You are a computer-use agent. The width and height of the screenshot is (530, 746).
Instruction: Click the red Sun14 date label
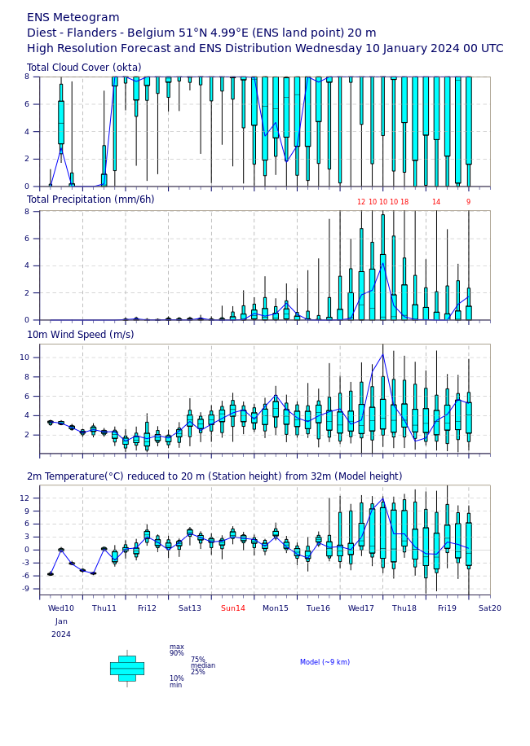click(233, 608)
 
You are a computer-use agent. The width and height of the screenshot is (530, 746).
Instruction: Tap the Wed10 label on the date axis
click(61, 608)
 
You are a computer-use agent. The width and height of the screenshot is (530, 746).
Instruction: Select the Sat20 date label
click(490, 608)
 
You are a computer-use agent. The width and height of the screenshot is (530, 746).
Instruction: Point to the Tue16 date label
click(318, 608)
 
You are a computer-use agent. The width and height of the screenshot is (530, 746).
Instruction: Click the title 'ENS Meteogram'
click(73, 18)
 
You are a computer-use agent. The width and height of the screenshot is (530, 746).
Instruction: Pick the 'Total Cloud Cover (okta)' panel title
click(84, 68)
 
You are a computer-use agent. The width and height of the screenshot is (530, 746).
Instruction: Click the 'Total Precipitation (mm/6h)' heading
click(91, 200)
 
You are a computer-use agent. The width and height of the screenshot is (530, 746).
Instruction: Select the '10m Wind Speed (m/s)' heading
click(80, 335)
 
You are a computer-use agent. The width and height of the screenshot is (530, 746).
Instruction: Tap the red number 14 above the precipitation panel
click(436, 203)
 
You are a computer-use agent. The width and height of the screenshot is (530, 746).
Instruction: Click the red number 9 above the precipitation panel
click(468, 203)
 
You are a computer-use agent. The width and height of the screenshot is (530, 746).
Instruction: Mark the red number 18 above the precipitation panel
click(404, 203)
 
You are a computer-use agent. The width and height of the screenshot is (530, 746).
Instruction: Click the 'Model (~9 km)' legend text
click(325, 662)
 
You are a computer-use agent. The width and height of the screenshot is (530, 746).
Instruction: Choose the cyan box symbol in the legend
click(127, 668)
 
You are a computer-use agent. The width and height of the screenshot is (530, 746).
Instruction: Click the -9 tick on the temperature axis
click(30, 589)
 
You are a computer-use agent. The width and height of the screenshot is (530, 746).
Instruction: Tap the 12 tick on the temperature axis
click(29, 498)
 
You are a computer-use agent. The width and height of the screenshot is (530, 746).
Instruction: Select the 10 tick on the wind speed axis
click(29, 358)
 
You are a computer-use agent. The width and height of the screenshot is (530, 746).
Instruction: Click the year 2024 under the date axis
click(61, 634)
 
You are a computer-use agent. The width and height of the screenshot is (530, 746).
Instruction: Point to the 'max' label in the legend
click(176, 647)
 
